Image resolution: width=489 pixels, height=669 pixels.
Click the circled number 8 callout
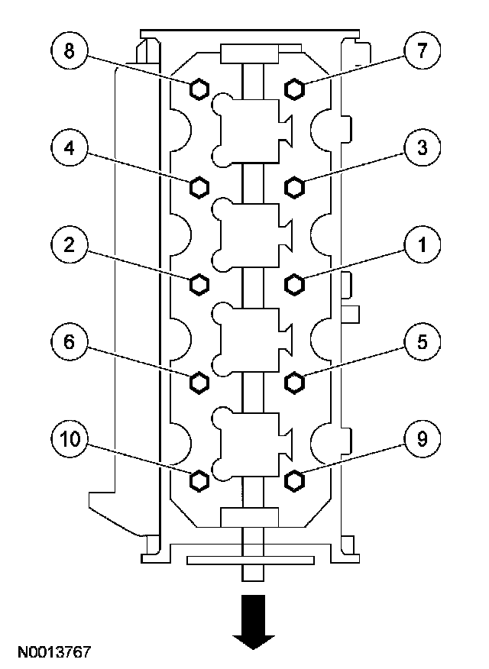(70, 51)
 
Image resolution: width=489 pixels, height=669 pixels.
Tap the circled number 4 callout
(70, 148)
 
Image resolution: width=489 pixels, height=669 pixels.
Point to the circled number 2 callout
(70, 245)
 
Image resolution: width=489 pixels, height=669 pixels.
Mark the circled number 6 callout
(70, 342)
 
